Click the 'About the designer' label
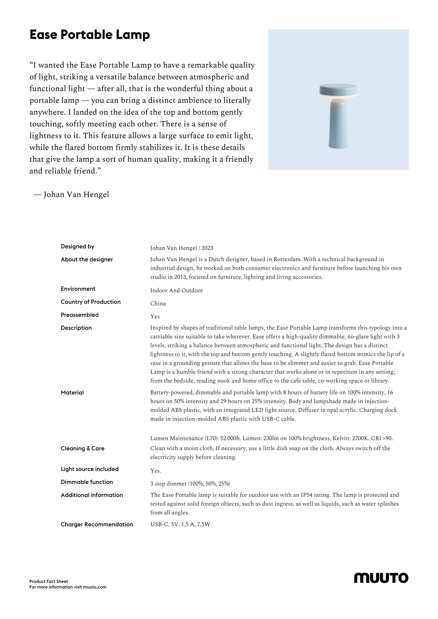click(87, 259)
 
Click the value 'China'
click(158, 303)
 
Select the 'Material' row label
click(72, 393)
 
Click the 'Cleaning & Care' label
click(82, 448)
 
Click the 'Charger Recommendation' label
click(97, 524)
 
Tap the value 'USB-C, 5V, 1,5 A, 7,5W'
click(180, 524)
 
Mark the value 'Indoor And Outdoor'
click(177, 290)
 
